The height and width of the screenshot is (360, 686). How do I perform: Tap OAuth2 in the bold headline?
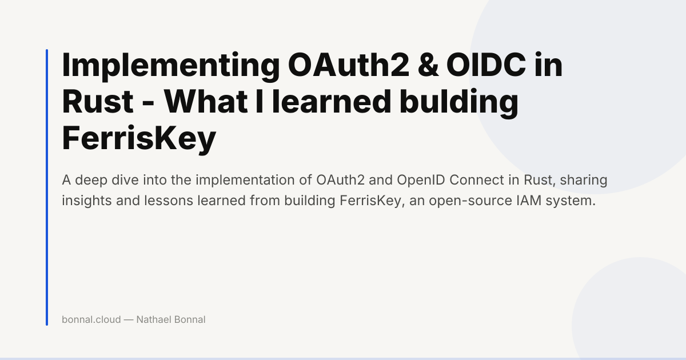[x=349, y=65]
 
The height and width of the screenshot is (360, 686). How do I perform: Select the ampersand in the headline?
[x=428, y=65]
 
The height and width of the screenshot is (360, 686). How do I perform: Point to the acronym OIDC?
[x=486, y=65]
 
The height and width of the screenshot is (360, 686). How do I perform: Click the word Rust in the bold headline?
[x=98, y=101]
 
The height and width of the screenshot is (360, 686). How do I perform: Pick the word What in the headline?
[x=205, y=101]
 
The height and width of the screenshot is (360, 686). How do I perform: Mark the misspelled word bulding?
[x=458, y=103]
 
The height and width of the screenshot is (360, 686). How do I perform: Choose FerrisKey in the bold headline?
[x=139, y=139]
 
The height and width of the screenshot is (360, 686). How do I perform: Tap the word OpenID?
[x=421, y=181]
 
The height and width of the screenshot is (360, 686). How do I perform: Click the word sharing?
[x=584, y=181]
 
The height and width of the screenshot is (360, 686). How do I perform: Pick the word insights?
[x=87, y=201]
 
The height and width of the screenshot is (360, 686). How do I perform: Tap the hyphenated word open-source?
[x=470, y=201]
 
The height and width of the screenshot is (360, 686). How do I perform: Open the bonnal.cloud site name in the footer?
[x=91, y=319]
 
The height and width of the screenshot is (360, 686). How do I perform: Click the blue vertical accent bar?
[x=47, y=187]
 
